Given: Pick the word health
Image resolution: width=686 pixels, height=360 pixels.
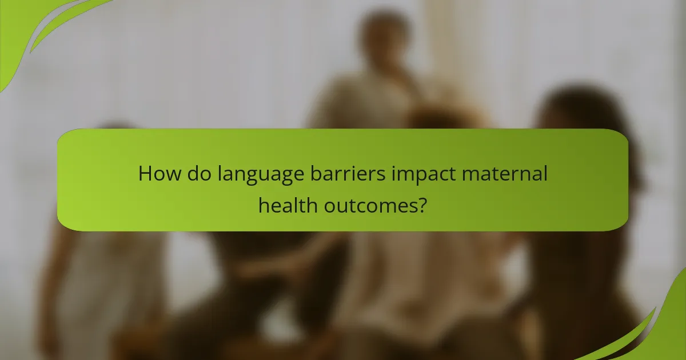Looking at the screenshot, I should [288, 204].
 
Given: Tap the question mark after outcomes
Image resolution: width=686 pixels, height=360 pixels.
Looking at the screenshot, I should [422, 204].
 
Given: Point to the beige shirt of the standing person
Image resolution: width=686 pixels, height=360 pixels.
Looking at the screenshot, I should [366, 103].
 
